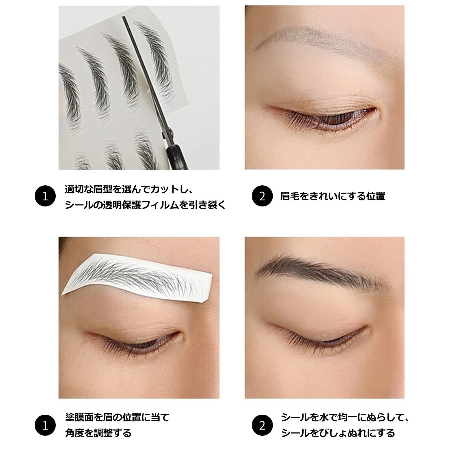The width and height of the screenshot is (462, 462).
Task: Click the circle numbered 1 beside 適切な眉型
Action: [x=45, y=196]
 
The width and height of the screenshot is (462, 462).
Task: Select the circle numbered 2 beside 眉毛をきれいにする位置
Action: [x=262, y=196]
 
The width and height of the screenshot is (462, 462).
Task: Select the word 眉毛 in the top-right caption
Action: [x=290, y=196]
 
